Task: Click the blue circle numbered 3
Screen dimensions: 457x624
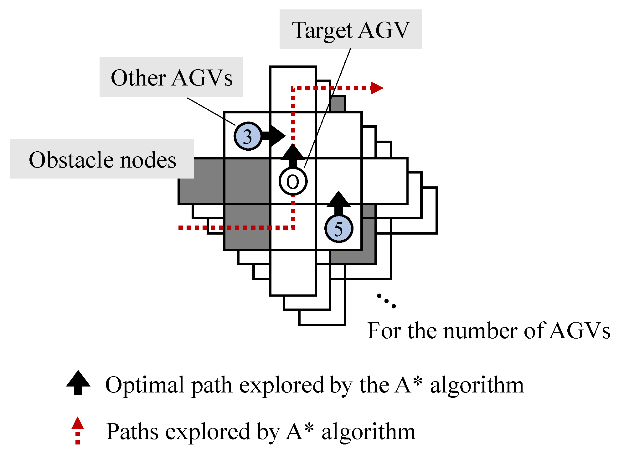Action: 248,136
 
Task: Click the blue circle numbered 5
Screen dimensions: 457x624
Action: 338,229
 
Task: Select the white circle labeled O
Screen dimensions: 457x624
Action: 293,181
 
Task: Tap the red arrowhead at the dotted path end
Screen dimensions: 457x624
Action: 377,88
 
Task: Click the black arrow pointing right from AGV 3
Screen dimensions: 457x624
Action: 274,136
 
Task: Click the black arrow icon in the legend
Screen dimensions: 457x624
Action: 78,382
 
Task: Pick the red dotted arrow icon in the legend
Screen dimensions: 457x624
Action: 78,430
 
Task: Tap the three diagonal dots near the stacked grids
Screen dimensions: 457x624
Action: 386,301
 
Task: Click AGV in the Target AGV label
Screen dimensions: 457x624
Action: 384,30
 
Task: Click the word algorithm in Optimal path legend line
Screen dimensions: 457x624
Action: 477,385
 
